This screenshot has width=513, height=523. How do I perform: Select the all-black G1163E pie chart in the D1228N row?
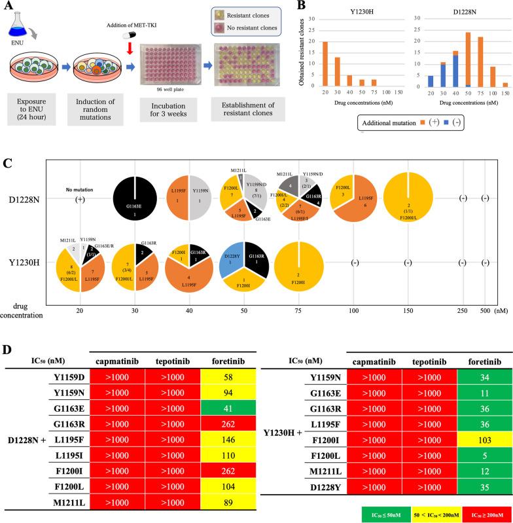click(x=134, y=181)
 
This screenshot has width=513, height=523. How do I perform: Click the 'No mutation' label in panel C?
click(x=80, y=172)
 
